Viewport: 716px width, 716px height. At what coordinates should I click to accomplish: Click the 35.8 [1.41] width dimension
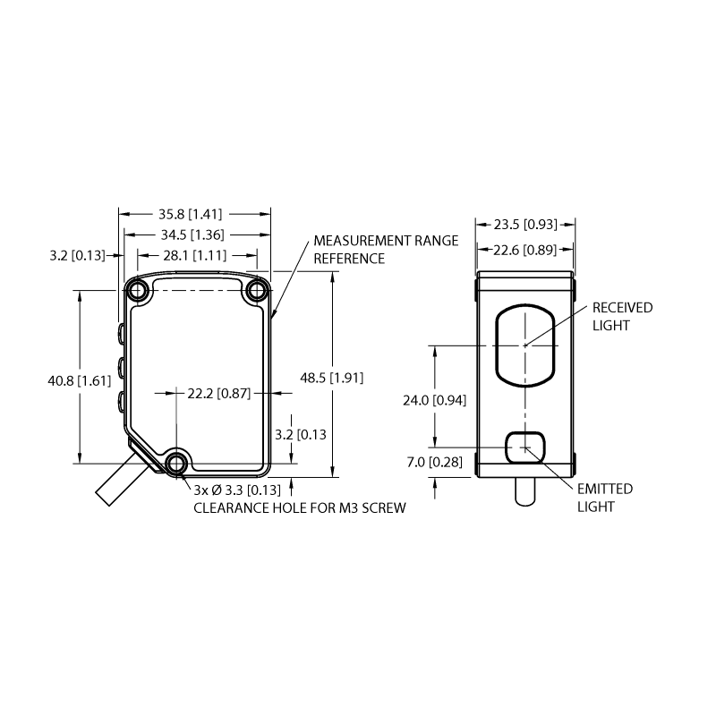pyautogui.click(x=190, y=214)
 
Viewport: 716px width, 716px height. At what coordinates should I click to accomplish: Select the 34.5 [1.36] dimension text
pyautogui.click(x=192, y=234)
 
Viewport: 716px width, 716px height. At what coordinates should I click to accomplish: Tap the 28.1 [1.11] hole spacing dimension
pyautogui.click(x=194, y=255)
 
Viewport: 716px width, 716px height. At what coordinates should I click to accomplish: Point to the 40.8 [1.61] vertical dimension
pyautogui.click(x=80, y=380)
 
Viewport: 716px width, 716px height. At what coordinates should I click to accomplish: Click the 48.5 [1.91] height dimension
pyautogui.click(x=331, y=378)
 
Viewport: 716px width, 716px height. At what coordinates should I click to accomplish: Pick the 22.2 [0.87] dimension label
pyautogui.click(x=218, y=393)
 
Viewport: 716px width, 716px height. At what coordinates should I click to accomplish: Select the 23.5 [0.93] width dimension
pyautogui.click(x=525, y=225)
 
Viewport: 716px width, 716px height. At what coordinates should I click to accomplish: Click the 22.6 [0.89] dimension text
pyautogui.click(x=524, y=250)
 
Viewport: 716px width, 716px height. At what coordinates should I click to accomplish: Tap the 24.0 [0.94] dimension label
pyautogui.click(x=434, y=400)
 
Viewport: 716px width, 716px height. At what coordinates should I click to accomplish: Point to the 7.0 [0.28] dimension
pyautogui.click(x=434, y=462)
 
